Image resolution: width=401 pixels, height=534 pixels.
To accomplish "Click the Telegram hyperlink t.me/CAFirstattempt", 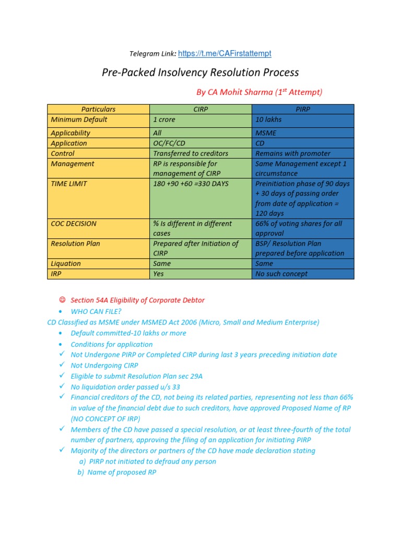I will point(225,54).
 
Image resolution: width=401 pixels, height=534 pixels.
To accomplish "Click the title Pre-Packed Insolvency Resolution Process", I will point(200,72).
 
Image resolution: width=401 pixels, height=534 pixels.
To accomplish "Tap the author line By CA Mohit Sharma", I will point(259,92).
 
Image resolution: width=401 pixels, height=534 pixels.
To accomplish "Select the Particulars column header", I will point(98,110).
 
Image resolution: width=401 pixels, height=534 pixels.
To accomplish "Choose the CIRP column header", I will point(200,110).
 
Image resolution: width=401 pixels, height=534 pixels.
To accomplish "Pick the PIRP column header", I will point(303,110).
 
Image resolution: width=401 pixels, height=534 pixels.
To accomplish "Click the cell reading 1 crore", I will point(164,119).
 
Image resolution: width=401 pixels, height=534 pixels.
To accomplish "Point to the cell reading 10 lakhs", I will point(269,119).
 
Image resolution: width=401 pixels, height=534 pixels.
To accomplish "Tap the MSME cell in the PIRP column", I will point(266,133).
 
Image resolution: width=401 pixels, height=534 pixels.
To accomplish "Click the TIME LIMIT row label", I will point(69,184).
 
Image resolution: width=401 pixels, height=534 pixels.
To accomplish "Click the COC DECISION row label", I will point(74,224).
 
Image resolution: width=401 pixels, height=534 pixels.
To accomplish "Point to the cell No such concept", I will point(281,274).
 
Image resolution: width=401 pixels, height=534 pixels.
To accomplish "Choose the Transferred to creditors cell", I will point(191,153).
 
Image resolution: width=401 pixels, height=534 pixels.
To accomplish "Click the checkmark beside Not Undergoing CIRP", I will point(62,366).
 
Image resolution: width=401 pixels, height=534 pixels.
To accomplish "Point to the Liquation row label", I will point(66,264).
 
